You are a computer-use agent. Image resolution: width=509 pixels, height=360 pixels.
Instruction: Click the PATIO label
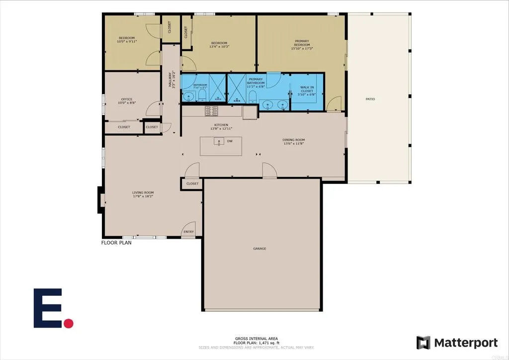[x=370, y=99]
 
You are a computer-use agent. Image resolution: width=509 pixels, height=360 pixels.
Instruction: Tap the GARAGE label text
[x=259, y=249]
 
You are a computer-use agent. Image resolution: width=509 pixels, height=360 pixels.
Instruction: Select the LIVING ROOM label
[x=143, y=193]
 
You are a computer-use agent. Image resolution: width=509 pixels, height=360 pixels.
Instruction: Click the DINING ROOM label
[x=294, y=140]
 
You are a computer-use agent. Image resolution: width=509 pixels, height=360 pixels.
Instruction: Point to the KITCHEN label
[x=221, y=125]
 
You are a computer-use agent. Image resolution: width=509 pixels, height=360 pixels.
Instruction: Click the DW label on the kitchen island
[x=230, y=141]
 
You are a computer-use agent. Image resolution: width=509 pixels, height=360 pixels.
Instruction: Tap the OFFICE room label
[x=127, y=99]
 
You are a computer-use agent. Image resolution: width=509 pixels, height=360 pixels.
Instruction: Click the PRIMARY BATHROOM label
[x=255, y=81]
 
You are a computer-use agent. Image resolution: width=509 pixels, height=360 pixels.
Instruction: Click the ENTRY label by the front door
[x=189, y=232]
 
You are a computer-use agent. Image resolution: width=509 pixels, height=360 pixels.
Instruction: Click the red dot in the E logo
[x=69, y=323]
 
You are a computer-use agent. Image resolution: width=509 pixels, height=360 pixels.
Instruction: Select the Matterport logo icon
[x=423, y=343]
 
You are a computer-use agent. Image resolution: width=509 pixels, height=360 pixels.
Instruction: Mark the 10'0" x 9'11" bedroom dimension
[x=127, y=42]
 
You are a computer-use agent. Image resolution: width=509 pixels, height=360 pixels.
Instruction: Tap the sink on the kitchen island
[x=219, y=142]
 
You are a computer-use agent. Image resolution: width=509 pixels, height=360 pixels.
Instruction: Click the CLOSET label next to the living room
[x=192, y=183]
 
